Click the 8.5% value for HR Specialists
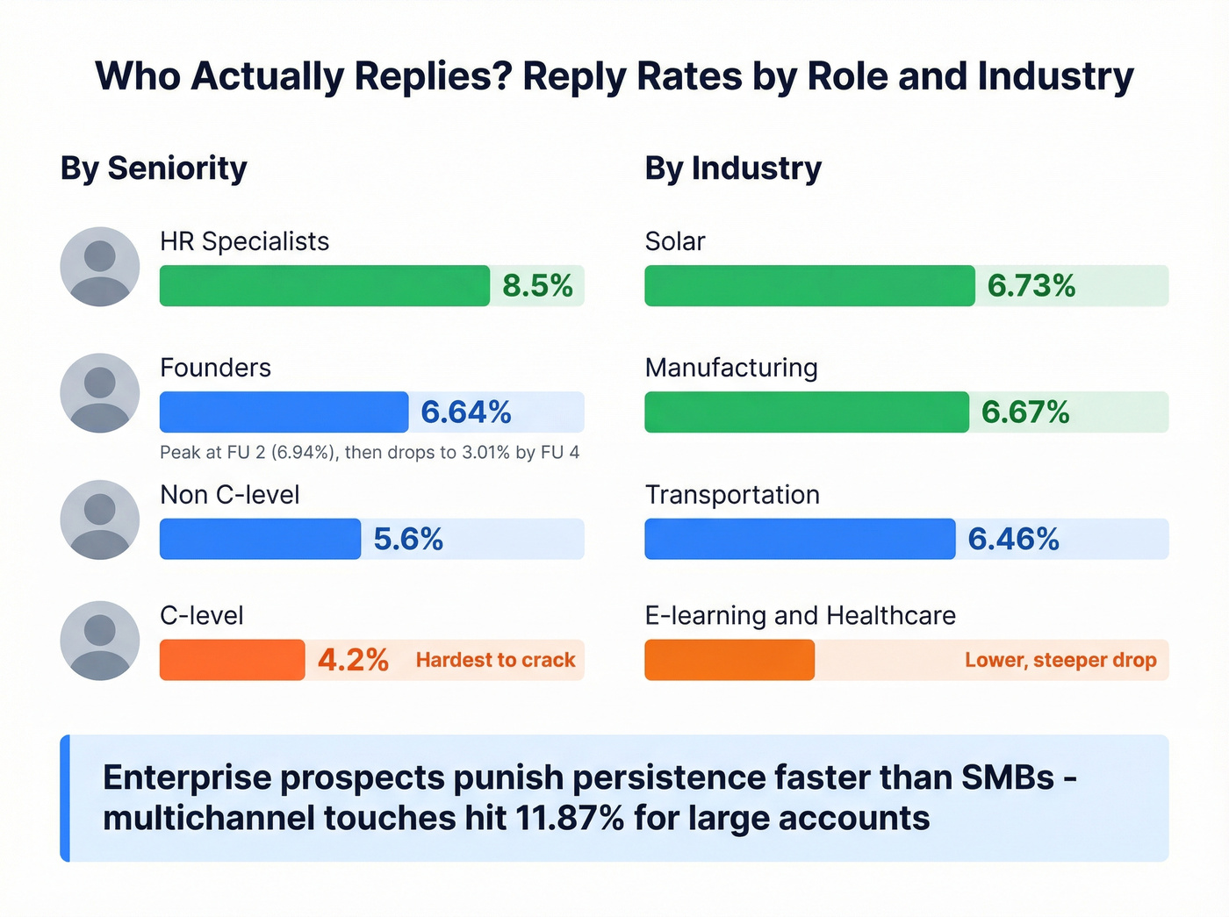coord(537,286)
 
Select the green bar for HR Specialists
coord(324,286)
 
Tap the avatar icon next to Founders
coord(100,393)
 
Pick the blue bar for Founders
coord(284,412)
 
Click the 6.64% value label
coord(466,412)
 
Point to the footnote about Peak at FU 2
coord(370,453)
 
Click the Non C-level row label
coord(230,495)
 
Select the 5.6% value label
coord(408,539)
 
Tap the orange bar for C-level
coord(232,660)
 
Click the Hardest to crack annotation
coord(495,660)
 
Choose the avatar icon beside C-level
coord(100,641)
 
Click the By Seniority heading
coord(154,168)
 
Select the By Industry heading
coord(733,168)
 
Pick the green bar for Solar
coord(809,286)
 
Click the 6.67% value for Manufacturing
coord(1025,412)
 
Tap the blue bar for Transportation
coord(800,539)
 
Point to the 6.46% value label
coord(1013,539)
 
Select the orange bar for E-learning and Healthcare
coord(729,660)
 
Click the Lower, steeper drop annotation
coord(1060,660)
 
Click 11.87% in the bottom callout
coord(570,819)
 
